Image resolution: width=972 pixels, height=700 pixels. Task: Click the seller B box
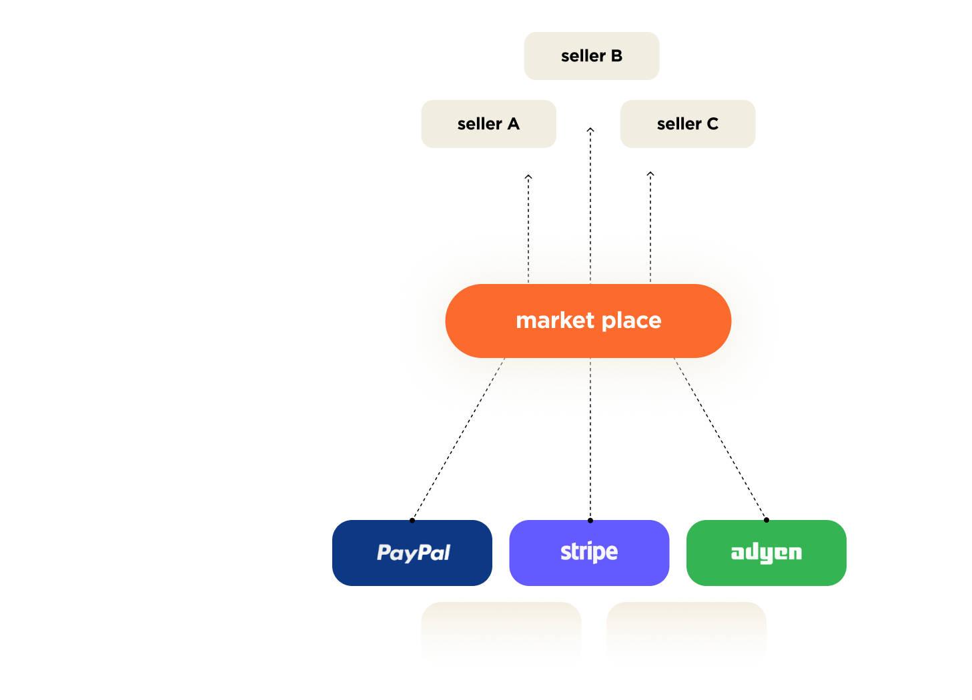pos(591,56)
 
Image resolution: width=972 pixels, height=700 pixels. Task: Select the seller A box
pos(488,124)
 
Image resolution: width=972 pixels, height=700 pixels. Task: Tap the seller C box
pos(687,124)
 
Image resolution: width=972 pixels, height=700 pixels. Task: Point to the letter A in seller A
pos(513,124)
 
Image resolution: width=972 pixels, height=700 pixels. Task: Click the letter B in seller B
pos(616,56)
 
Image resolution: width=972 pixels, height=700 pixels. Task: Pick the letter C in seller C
pos(712,124)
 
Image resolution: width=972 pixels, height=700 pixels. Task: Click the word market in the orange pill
pos(555,321)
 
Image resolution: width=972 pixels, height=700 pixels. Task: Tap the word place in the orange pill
pos(631,321)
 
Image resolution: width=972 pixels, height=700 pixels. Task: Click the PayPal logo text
pos(414,553)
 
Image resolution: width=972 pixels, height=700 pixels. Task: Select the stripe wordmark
pos(589,552)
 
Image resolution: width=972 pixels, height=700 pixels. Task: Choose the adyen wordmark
pos(767,553)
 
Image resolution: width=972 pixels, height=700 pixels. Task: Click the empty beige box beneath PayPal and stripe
pos(501,635)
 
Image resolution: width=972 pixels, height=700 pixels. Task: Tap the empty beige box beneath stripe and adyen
pos(686,635)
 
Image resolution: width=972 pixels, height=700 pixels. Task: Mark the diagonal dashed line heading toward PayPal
pos(489,387)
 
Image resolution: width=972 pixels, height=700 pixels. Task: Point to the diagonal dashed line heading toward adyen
pos(690,387)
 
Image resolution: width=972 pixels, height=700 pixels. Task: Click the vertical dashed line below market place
pos(590,387)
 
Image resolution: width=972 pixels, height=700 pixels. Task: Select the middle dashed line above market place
pos(590,257)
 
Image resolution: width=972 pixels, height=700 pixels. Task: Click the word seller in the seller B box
pos(583,56)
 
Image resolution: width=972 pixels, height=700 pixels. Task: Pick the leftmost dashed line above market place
pos(528,257)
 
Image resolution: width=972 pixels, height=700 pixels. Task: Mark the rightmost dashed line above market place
pos(650,257)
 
